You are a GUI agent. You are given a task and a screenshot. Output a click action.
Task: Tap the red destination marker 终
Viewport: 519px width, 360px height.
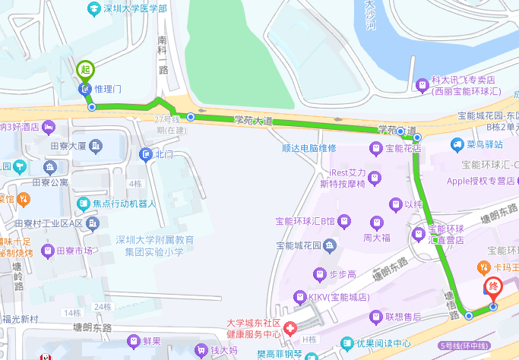pos(493,288)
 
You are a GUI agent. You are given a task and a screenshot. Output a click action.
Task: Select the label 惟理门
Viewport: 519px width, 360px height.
pos(108,89)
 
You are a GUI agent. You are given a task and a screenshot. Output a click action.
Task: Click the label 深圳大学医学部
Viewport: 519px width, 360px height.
pos(135,8)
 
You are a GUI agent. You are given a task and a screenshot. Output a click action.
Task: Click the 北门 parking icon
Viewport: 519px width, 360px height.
pos(146,155)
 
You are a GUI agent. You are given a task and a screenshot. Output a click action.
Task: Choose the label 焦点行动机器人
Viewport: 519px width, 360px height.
pos(124,204)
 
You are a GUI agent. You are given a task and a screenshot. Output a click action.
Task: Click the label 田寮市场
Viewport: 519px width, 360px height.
pos(77,251)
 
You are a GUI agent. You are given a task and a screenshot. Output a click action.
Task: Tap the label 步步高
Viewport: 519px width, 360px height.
pos(341,273)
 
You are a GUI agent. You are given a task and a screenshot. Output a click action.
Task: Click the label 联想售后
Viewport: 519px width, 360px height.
pos(403,316)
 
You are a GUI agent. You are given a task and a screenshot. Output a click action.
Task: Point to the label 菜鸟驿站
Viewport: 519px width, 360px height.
pos(484,144)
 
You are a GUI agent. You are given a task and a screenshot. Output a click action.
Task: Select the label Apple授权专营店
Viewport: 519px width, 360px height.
pos(481,181)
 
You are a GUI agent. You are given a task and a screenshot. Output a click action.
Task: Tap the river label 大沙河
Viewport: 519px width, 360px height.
pos(371,15)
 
